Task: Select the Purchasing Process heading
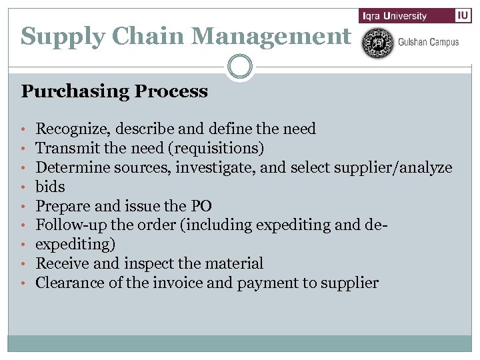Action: [114, 91]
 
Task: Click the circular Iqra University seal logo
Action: [377, 42]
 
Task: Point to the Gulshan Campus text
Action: [428, 42]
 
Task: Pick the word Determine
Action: [69, 167]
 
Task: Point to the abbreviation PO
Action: [201, 206]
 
